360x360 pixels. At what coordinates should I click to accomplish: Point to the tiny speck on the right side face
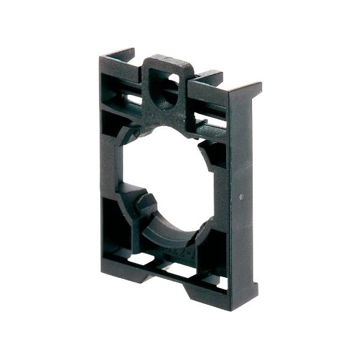pyautogui.click(x=241, y=196)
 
